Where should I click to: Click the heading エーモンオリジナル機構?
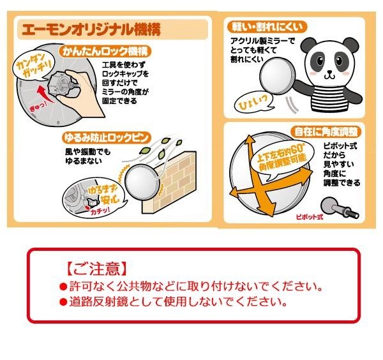tap(91, 29)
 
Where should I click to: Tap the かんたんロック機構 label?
tap(105, 51)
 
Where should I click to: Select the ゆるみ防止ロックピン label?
tap(105, 138)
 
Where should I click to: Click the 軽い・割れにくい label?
tap(267, 27)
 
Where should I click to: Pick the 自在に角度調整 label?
tap(326, 132)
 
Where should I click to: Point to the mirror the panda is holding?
tap(277, 75)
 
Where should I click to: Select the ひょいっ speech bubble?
tap(255, 102)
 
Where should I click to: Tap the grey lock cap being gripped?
tap(59, 84)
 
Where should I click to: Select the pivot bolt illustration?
tap(340, 208)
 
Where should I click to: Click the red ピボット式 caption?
tap(310, 217)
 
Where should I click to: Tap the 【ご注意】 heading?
tap(97, 269)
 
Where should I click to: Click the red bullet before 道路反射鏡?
tap(63, 302)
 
